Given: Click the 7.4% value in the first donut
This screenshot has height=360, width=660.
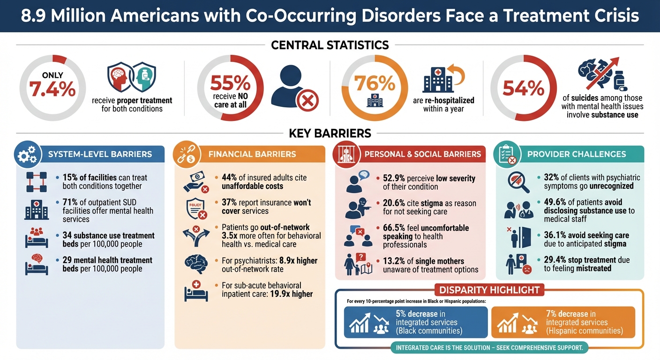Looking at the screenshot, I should pyautogui.click(x=52, y=90).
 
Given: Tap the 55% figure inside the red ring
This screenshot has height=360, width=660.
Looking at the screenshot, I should pyautogui.click(x=230, y=83).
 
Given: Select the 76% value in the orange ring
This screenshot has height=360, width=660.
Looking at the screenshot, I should pyautogui.click(x=375, y=83).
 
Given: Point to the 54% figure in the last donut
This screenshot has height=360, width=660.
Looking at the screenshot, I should pyautogui.click(x=523, y=88).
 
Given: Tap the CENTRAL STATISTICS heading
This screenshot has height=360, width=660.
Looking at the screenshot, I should pyautogui.click(x=330, y=45).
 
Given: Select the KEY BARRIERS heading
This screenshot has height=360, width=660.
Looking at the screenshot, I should pyautogui.click(x=330, y=133).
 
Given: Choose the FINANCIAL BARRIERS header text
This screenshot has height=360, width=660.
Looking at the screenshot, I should pyautogui.click(x=252, y=154).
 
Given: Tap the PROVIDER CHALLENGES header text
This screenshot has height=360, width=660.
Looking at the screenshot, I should pyautogui.click(x=577, y=154).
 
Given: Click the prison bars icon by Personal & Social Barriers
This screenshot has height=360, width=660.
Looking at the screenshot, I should pyautogui.click(x=345, y=155).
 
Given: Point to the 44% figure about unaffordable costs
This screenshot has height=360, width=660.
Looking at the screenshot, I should pyautogui.click(x=231, y=178).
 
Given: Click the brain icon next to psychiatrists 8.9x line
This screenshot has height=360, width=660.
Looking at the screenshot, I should pyautogui.click(x=196, y=263).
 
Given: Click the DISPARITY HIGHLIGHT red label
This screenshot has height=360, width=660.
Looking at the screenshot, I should pyautogui.click(x=489, y=290).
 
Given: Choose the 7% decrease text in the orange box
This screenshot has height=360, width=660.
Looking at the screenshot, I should pyautogui.click(x=570, y=314).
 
